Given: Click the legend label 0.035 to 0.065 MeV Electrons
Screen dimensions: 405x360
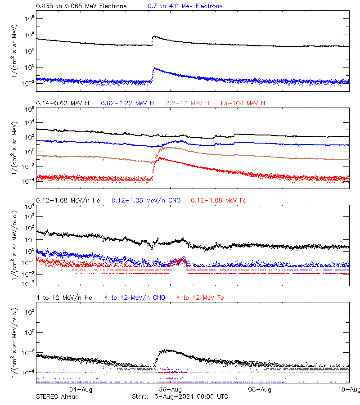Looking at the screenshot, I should pos(81,6).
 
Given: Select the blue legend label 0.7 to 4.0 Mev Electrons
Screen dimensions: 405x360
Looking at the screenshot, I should pos(185,6).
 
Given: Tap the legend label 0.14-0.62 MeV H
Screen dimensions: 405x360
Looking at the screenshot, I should pos(63,103).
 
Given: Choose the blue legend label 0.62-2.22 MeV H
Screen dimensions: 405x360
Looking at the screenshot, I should pos(127,103).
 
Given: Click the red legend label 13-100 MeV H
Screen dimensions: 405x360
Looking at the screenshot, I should pos(243,103).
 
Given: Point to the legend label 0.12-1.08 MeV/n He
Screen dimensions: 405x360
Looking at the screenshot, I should pos(68,200).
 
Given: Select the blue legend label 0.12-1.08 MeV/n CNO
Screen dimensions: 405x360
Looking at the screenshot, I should pos(146,200).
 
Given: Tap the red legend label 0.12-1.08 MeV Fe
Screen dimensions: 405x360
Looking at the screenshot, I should pos(219,200).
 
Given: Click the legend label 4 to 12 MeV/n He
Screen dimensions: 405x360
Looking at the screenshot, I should pos(64,297).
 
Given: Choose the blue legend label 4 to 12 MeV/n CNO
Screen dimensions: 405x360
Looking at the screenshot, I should pos(135,297).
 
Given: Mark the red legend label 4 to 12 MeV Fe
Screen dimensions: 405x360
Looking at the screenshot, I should pos(200,297).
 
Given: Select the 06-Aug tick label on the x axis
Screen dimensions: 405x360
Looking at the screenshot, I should pos(171,389).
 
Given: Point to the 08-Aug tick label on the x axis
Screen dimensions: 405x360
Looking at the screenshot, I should pos(260,389).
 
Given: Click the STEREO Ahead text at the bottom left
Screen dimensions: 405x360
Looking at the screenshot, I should pos(57,396).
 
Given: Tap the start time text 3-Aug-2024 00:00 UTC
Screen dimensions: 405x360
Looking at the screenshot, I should pos(191,396).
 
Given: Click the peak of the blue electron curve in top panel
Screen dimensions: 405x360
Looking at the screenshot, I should pos(155,68).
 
